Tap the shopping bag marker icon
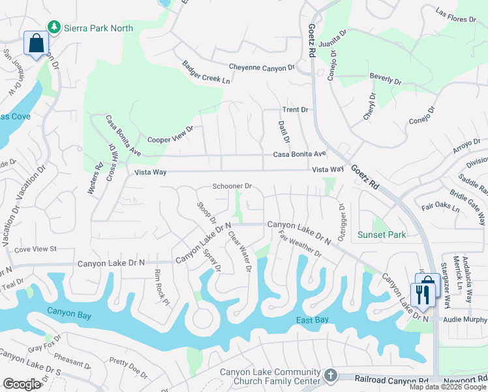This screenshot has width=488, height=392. point(37,44)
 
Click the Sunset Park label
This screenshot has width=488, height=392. point(382,235)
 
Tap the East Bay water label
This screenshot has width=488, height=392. point(313,319)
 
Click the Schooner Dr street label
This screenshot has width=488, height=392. point(232,187)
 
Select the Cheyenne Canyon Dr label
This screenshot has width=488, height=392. point(262,67)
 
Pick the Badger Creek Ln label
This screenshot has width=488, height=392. point(206,73)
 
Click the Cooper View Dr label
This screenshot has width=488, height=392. point(171,135)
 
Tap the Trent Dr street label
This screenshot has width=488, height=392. point(295,110)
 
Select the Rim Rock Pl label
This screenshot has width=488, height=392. point(162,287)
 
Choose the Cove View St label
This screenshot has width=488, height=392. point(36,249)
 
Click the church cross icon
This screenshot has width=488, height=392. point(331,375)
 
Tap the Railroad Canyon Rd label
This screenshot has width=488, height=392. point(391,379)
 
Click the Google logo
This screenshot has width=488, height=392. point(22,384)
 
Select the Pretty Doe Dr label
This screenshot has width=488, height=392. point(129,368)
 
